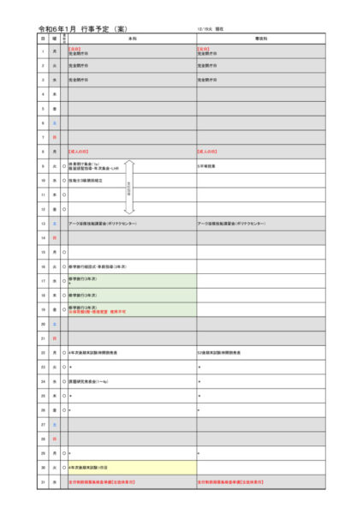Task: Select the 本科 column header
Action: click(x=132, y=39)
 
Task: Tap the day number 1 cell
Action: click(x=42, y=51)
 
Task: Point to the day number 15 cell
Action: click(x=42, y=252)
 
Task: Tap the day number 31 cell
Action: click(x=42, y=482)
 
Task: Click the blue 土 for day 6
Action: click(x=54, y=123)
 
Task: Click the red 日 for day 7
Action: click(x=54, y=137)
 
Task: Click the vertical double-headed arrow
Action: click(x=129, y=187)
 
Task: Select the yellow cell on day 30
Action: click(x=132, y=468)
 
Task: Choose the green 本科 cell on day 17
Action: click(x=132, y=280)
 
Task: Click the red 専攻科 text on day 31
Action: click(x=235, y=482)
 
